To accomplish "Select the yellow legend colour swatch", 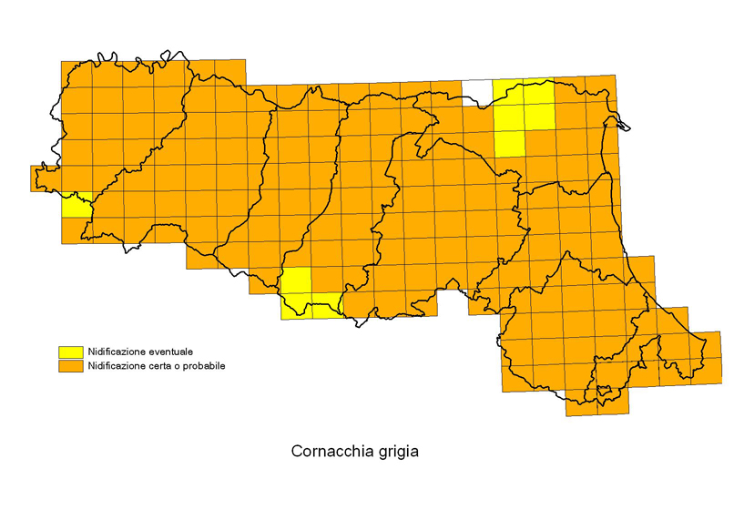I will click(70, 352).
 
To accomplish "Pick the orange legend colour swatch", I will click(70, 366).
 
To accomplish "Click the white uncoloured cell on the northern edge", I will click(476, 92).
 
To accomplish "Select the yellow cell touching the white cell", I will click(508, 92).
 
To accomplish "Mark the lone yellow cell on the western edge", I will click(76, 205).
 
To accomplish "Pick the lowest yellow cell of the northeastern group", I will click(509, 143).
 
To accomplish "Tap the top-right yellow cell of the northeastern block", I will click(539, 92).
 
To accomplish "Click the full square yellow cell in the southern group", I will click(295, 281).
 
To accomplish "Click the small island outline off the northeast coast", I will click(620, 117).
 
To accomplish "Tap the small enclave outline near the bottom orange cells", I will click(604, 393).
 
